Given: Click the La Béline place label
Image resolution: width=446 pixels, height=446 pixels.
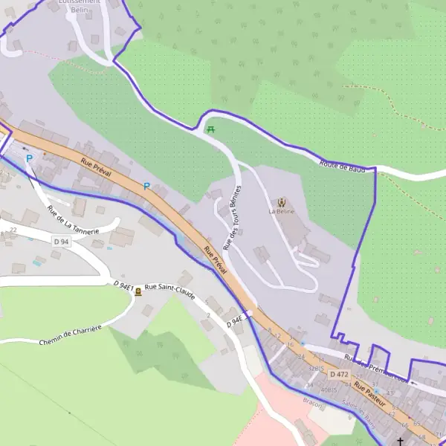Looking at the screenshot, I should pyautogui.click(x=282, y=211).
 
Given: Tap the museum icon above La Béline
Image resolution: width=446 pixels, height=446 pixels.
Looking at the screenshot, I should pyautogui.click(x=282, y=201).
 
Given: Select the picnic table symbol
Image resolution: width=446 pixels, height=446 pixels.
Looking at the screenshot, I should pyautogui.click(x=211, y=130).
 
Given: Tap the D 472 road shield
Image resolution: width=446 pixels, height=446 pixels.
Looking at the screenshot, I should pyautogui.click(x=339, y=374).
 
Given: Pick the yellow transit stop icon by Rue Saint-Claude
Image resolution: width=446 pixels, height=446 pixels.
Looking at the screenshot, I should pyautogui.click(x=138, y=292).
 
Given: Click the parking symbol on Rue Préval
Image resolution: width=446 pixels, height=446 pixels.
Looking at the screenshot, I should pyautogui.click(x=146, y=186).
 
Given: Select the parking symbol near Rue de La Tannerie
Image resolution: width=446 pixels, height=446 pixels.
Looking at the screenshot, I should pyautogui.click(x=29, y=158).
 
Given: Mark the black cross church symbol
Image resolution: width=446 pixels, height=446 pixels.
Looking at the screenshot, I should pyautogui.click(x=401, y=441).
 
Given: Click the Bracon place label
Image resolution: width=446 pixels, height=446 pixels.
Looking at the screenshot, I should pyautogui.click(x=313, y=404).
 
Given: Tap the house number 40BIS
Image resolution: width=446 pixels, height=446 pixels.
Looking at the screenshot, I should pyautogui.click(x=329, y=390).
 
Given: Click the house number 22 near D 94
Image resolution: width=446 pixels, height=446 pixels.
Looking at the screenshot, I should pyautogui.click(x=13, y=230).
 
